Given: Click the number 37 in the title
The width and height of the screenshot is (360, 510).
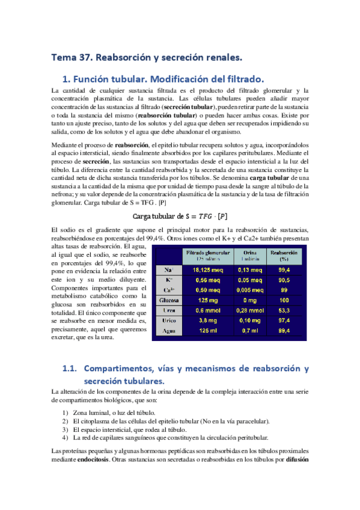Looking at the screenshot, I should click(82, 58).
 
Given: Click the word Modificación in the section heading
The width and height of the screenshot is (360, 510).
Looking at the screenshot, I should click(178, 79).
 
